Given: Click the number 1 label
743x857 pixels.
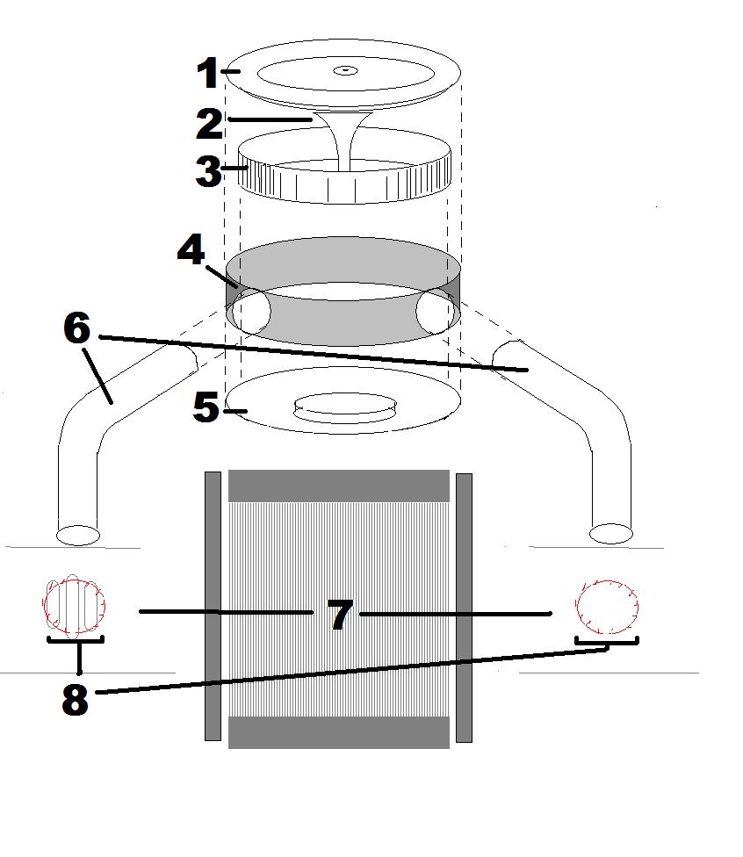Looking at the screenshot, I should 207,74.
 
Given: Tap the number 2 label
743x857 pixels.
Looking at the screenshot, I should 209,123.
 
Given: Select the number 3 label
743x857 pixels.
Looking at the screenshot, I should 208,171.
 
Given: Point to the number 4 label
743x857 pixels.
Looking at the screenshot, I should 191,251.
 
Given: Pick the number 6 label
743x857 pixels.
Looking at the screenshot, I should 76,328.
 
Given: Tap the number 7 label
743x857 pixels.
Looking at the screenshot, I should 340,614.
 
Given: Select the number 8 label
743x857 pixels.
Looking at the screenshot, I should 75,700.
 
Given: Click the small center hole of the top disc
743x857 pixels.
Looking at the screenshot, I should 346,69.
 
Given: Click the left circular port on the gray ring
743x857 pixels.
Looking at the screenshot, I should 250,311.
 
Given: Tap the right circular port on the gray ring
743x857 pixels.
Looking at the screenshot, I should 436,310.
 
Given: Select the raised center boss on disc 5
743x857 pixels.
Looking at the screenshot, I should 343,407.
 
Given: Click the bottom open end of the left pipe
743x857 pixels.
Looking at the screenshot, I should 78,533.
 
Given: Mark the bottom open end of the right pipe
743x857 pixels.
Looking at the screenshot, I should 610,532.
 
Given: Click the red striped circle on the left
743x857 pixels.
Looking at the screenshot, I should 75,605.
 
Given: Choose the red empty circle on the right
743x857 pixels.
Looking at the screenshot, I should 606,605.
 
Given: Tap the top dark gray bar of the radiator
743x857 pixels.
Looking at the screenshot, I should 339,486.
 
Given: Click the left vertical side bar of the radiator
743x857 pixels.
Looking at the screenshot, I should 213,606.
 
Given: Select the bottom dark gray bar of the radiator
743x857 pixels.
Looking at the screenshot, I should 339,732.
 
